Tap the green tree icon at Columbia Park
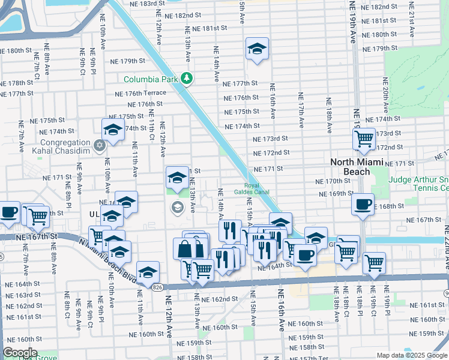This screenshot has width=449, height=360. pyautogui.click(x=187, y=79)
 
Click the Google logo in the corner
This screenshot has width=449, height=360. pyautogui.click(x=20, y=353)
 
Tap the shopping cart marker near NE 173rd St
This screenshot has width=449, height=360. pyautogui.click(x=364, y=139)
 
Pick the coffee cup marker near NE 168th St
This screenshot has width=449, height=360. pyautogui.click(x=363, y=204)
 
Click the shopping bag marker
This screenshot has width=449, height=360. pyautogui.click(x=184, y=248)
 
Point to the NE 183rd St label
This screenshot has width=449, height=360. pyautogui.click(x=148, y=4)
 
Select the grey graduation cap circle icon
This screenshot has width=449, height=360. pyautogui.click(x=177, y=208)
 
